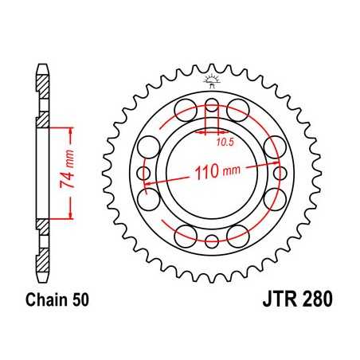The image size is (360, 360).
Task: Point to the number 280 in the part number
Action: [x=313, y=302]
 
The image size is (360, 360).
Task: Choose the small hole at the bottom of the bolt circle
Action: [x=212, y=242]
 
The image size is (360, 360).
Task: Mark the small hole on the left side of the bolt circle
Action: [x=143, y=174]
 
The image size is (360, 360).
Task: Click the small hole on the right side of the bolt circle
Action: [x=280, y=174]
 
